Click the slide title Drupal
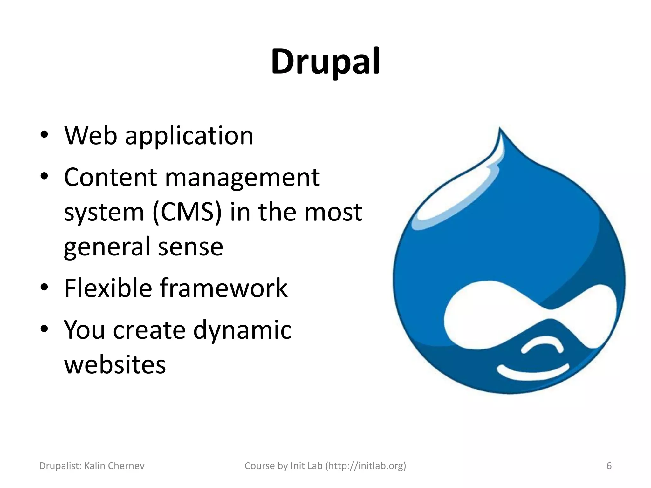[x=325, y=62]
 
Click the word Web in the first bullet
[x=91, y=136]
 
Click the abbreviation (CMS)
[x=187, y=212]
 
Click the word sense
[x=190, y=247]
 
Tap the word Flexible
[x=108, y=288]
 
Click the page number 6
[x=609, y=466]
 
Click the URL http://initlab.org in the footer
[x=366, y=466]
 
